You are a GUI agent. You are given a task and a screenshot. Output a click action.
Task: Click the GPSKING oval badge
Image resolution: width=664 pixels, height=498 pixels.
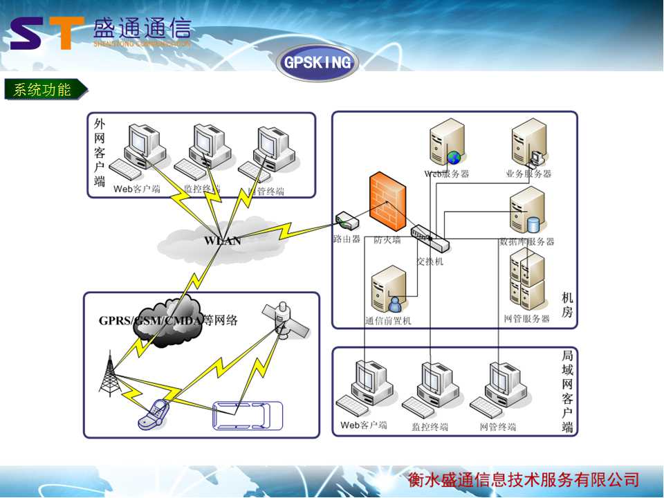(317, 63)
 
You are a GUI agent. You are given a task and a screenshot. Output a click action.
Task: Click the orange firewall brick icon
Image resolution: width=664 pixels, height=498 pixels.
(387, 202)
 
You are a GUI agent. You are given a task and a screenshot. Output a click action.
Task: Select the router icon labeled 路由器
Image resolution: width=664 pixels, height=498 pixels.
(347, 221)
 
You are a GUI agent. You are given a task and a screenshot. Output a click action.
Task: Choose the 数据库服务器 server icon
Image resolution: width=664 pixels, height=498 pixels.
(526, 210)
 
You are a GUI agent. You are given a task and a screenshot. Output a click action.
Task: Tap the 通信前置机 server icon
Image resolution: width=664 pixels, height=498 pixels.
(388, 289)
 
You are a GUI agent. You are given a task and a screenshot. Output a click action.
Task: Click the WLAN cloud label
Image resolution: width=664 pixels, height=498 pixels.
(223, 241)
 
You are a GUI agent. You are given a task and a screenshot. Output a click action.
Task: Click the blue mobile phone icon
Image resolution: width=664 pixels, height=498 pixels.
(153, 414)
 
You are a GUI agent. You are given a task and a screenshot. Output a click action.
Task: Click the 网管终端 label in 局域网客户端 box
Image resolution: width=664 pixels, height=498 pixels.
(498, 427)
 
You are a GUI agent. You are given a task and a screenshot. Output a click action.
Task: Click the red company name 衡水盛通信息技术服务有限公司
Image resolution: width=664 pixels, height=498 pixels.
(523, 480)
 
